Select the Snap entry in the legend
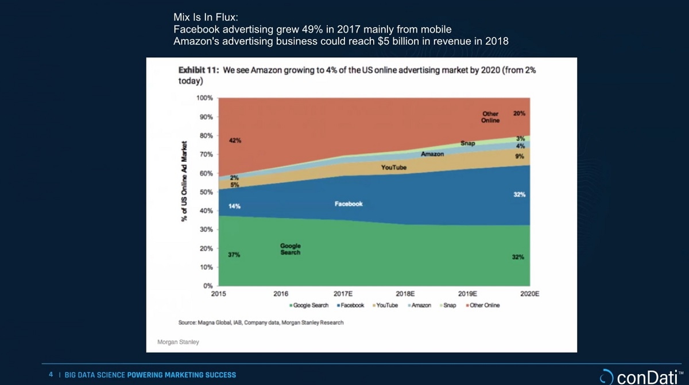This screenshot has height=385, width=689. (450, 305)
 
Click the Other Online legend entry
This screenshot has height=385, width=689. (484, 305)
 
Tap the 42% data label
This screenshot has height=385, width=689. (234, 141)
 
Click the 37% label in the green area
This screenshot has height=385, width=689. (234, 255)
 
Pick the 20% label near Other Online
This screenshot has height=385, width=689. (519, 114)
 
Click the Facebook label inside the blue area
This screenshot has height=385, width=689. (349, 204)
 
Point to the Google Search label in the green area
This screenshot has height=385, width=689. (291, 249)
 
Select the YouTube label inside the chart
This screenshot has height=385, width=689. (394, 168)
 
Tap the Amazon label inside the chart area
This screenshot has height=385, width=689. (432, 154)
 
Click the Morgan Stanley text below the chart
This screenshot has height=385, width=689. (178, 342)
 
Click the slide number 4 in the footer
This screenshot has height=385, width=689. (51, 375)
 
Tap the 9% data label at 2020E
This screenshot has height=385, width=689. (519, 156)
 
